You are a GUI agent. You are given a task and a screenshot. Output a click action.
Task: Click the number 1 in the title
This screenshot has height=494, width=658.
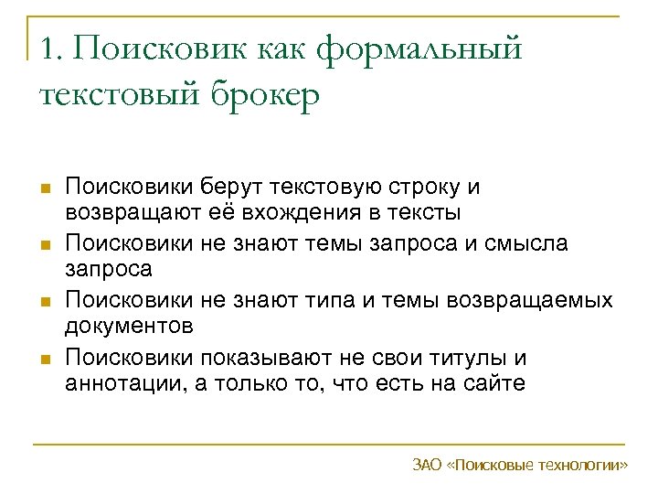click(48, 48)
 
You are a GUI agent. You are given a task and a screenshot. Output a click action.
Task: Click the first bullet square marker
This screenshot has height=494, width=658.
click(44, 188)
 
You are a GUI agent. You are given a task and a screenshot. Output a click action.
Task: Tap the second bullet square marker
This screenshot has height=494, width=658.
click(44, 245)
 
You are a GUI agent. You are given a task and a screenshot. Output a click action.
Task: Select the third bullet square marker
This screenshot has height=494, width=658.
click(44, 302)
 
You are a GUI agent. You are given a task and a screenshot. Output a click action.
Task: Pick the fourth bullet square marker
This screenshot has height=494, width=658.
click(44, 359)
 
